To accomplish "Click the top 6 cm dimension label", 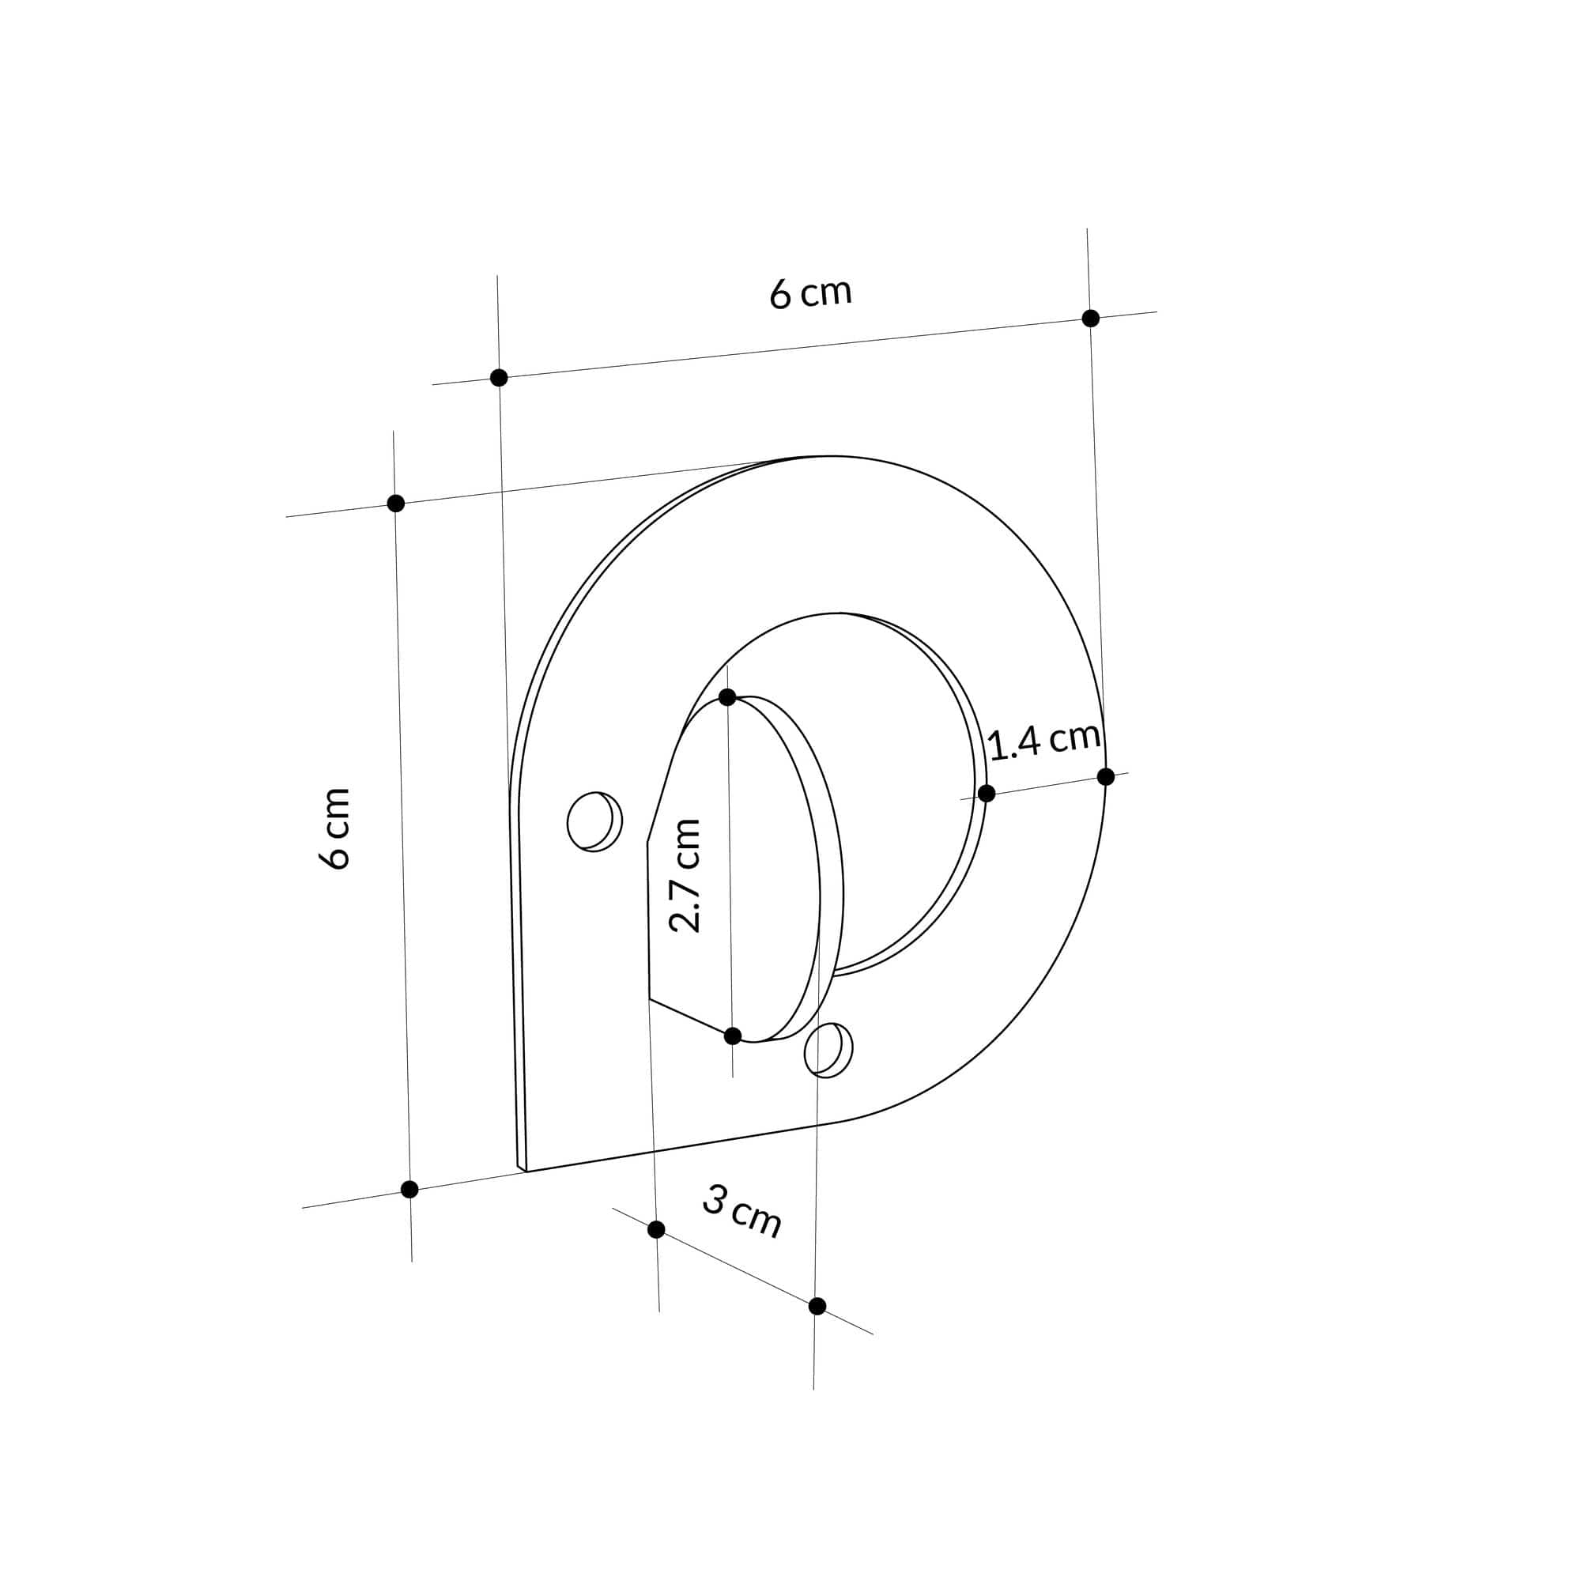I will click(x=810, y=293).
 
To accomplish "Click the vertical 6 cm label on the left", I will click(x=334, y=828).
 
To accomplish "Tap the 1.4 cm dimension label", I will click(x=1043, y=741).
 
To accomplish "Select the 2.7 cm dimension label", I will click(x=685, y=875).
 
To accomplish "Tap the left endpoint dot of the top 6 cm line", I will click(x=498, y=377).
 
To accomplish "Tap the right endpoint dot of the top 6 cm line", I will click(x=1090, y=319).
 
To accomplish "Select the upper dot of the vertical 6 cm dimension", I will click(x=395, y=504).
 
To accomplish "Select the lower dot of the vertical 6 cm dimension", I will click(x=410, y=1189).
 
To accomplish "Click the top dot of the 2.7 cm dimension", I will click(x=726, y=697).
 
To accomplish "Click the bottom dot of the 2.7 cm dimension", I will click(x=733, y=1036).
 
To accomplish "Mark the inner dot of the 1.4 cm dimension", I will click(x=986, y=793).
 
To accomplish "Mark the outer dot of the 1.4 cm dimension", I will click(x=1106, y=776).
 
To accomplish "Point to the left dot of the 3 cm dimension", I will click(x=655, y=1229).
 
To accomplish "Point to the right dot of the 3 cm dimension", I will click(x=817, y=1306).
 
